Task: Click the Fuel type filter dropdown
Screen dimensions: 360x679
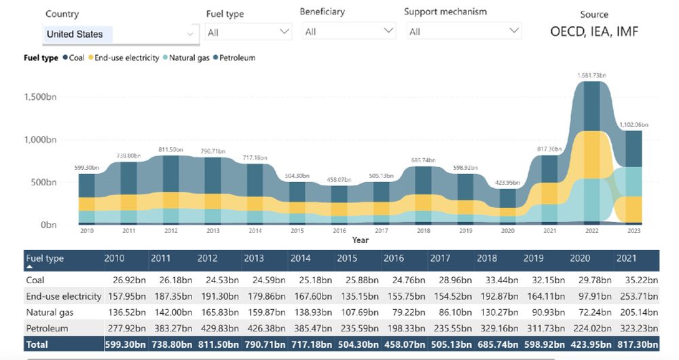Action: tap(249, 32)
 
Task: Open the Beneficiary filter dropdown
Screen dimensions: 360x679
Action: tap(347, 31)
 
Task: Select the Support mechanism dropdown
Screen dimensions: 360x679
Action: tap(464, 31)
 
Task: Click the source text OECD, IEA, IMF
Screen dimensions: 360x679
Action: tap(594, 31)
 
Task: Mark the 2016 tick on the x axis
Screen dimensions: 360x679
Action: tap(339, 231)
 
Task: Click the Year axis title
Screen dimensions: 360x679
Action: tap(361, 240)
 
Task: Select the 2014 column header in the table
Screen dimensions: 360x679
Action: tap(300, 259)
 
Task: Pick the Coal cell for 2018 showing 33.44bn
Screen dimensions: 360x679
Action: tap(497, 279)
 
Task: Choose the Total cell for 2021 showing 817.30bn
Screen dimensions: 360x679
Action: tap(636, 345)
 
